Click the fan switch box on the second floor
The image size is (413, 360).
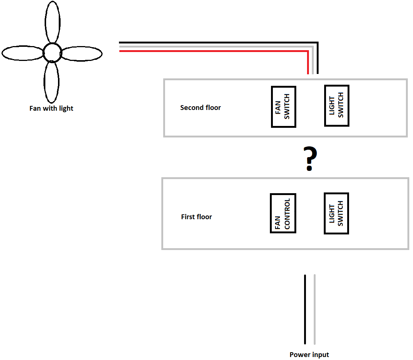pos(283,107)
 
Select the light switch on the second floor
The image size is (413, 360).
pos(336,106)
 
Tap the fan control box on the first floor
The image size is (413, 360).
pos(283,213)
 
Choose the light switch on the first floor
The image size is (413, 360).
pos(336,213)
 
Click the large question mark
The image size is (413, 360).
pos(310,159)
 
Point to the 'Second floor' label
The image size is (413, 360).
pos(200,108)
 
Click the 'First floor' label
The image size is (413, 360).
pos(196,217)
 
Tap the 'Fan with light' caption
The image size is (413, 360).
pos(51,108)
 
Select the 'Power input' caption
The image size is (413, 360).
pos(309,355)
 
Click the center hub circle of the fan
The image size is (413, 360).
pos(52,53)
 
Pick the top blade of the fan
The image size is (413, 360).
pos(52,22)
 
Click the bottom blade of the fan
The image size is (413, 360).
pos(51,82)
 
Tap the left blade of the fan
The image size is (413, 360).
pos(22,53)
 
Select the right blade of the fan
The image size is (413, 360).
pos(81,54)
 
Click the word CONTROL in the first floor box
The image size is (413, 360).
pos(287,213)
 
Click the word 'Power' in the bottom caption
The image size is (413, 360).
pos(300,355)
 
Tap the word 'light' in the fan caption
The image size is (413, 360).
pos(65,108)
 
